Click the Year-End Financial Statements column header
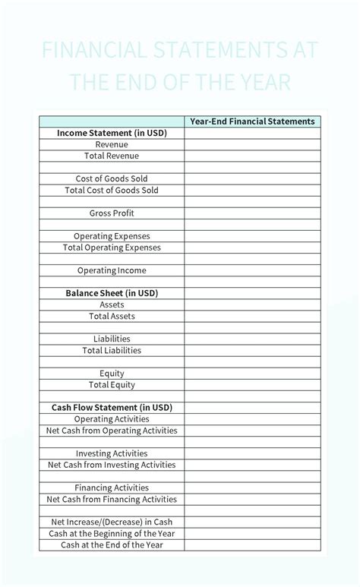252,122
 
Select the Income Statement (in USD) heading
112,133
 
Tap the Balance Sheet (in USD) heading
112,293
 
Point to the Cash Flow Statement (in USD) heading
112,408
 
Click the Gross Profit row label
112,213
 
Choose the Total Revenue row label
112,156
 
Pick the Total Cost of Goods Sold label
112,191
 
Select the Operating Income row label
112,270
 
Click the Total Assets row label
112,316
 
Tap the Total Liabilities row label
112,351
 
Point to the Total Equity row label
112,385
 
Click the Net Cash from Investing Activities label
112,465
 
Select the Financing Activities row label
112,488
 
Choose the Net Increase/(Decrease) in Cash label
112,522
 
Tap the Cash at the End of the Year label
112,544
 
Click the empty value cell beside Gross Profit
252,213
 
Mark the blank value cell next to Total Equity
252,385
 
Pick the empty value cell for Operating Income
252,270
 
